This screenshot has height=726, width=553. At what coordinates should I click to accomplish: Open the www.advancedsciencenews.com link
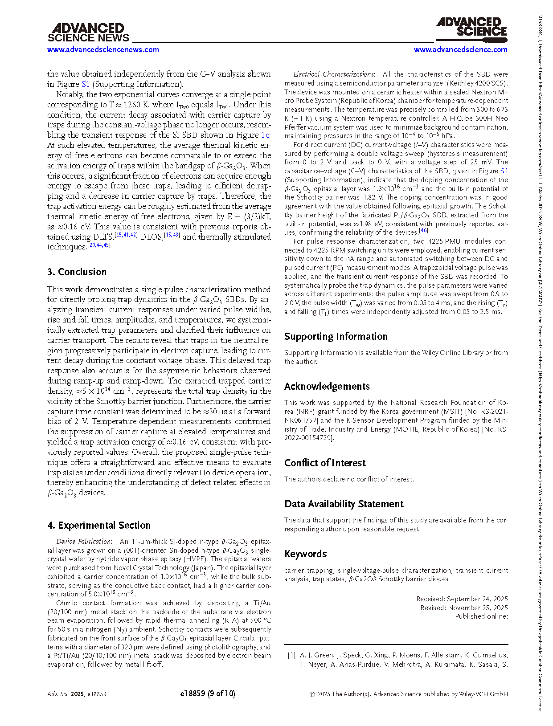(103, 49)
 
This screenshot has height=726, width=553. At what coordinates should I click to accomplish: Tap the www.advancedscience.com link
(460, 49)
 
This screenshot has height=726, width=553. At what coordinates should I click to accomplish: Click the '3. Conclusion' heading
(77, 272)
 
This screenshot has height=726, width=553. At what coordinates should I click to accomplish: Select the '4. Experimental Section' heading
(99, 525)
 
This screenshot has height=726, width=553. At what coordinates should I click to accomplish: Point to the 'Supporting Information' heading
(336, 336)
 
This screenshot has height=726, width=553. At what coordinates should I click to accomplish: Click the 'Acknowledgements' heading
(327, 386)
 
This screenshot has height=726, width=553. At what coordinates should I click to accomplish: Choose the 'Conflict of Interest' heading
(325, 463)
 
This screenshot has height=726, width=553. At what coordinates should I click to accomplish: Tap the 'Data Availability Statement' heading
(344, 504)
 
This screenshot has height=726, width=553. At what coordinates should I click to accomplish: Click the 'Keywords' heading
(306, 554)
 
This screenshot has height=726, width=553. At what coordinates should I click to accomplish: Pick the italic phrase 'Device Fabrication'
(83, 542)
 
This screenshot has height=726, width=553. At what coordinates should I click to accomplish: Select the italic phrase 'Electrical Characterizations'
(333, 74)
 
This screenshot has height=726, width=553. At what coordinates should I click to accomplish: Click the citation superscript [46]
(423, 231)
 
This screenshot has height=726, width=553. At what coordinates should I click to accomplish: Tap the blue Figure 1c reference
(265, 135)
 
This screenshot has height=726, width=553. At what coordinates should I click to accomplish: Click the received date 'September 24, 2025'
(477, 599)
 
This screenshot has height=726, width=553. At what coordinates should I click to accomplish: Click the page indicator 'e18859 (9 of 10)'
(208, 693)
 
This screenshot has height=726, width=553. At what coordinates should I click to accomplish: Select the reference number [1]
(291, 655)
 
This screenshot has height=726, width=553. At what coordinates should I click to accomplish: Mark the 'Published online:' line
(481, 616)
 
